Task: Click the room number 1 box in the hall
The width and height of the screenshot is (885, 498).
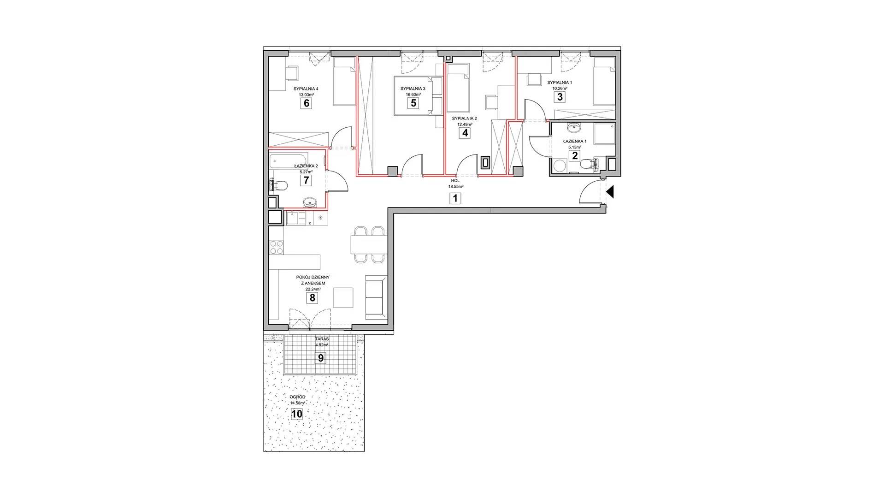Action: click(x=455, y=199)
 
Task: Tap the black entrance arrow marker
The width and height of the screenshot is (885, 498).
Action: click(x=610, y=191)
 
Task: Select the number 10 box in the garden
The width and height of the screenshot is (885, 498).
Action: click(x=297, y=414)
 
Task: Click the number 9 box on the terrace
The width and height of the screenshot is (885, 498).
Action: click(x=321, y=358)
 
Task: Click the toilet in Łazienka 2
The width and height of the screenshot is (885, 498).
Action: click(x=278, y=185)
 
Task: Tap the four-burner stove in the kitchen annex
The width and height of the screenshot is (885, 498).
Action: click(x=277, y=247)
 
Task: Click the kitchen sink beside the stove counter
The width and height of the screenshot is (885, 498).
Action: click(x=295, y=218)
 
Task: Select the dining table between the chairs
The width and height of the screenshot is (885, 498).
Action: click(x=368, y=244)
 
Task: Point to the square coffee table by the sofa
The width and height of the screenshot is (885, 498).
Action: click(x=343, y=297)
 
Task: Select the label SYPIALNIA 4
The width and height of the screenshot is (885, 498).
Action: click(x=306, y=89)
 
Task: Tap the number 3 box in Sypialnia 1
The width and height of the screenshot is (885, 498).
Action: click(x=560, y=97)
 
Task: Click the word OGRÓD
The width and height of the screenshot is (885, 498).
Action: click(x=298, y=397)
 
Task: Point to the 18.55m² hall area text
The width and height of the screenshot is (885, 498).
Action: click(x=455, y=187)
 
